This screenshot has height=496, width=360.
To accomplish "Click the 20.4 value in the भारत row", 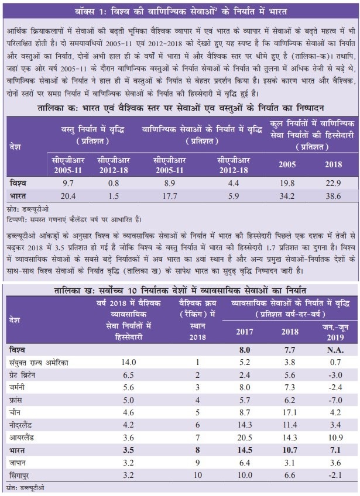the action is pos(68,196).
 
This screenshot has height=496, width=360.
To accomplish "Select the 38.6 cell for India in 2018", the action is pos(333,196).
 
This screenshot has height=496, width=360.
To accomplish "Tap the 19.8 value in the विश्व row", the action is pos(287,183).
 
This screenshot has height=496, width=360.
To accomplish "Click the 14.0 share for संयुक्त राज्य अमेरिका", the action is pos(129,363).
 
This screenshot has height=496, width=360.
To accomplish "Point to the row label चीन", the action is pos(15,412).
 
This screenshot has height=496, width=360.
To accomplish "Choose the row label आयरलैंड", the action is pos(22,438).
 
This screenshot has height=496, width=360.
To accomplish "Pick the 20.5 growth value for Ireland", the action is pos(245,438).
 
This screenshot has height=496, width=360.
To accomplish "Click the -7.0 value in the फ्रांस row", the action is pos(335,400).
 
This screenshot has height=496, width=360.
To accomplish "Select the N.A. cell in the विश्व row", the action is pos(335,350).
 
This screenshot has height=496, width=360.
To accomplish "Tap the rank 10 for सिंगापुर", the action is pos(198,476).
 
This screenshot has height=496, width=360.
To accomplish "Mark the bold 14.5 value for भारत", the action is pos(245,450).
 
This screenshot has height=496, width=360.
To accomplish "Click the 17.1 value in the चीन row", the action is pos(290,412).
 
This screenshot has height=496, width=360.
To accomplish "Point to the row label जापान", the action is pos(18,463).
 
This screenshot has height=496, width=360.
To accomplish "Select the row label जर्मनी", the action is pos(17,387).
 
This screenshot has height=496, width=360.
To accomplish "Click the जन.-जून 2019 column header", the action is pos(335,332).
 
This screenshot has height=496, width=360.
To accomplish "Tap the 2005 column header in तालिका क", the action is pos(287,164).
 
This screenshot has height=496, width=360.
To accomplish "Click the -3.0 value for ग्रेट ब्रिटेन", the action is pos(335,375).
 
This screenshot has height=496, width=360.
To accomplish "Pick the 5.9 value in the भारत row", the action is pos(234,196).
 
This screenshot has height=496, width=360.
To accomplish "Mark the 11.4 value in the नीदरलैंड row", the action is pos(290,425).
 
